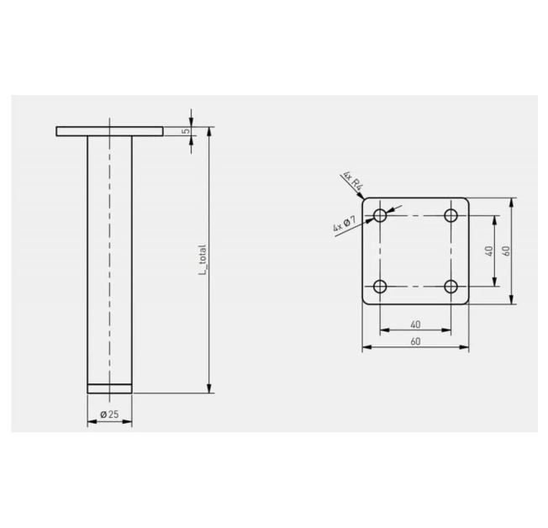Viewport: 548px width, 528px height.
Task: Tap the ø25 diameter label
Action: point(109,414)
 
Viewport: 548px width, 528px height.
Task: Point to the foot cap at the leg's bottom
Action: point(109,388)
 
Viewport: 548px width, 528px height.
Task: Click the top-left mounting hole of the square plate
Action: point(380,216)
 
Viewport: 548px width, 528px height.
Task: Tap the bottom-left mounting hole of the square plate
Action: point(380,287)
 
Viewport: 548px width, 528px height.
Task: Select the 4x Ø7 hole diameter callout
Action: point(345,224)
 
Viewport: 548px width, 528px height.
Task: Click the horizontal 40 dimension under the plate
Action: point(415,324)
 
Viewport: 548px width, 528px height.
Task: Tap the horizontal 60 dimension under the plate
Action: point(415,341)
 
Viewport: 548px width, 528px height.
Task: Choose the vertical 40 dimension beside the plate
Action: point(489,251)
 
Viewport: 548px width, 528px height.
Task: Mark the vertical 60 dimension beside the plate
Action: point(507,251)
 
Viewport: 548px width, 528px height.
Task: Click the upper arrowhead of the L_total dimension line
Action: point(209,131)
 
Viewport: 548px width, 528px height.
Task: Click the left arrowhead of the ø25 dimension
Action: point(91,420)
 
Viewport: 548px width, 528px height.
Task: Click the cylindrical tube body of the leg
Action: point(109,252)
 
